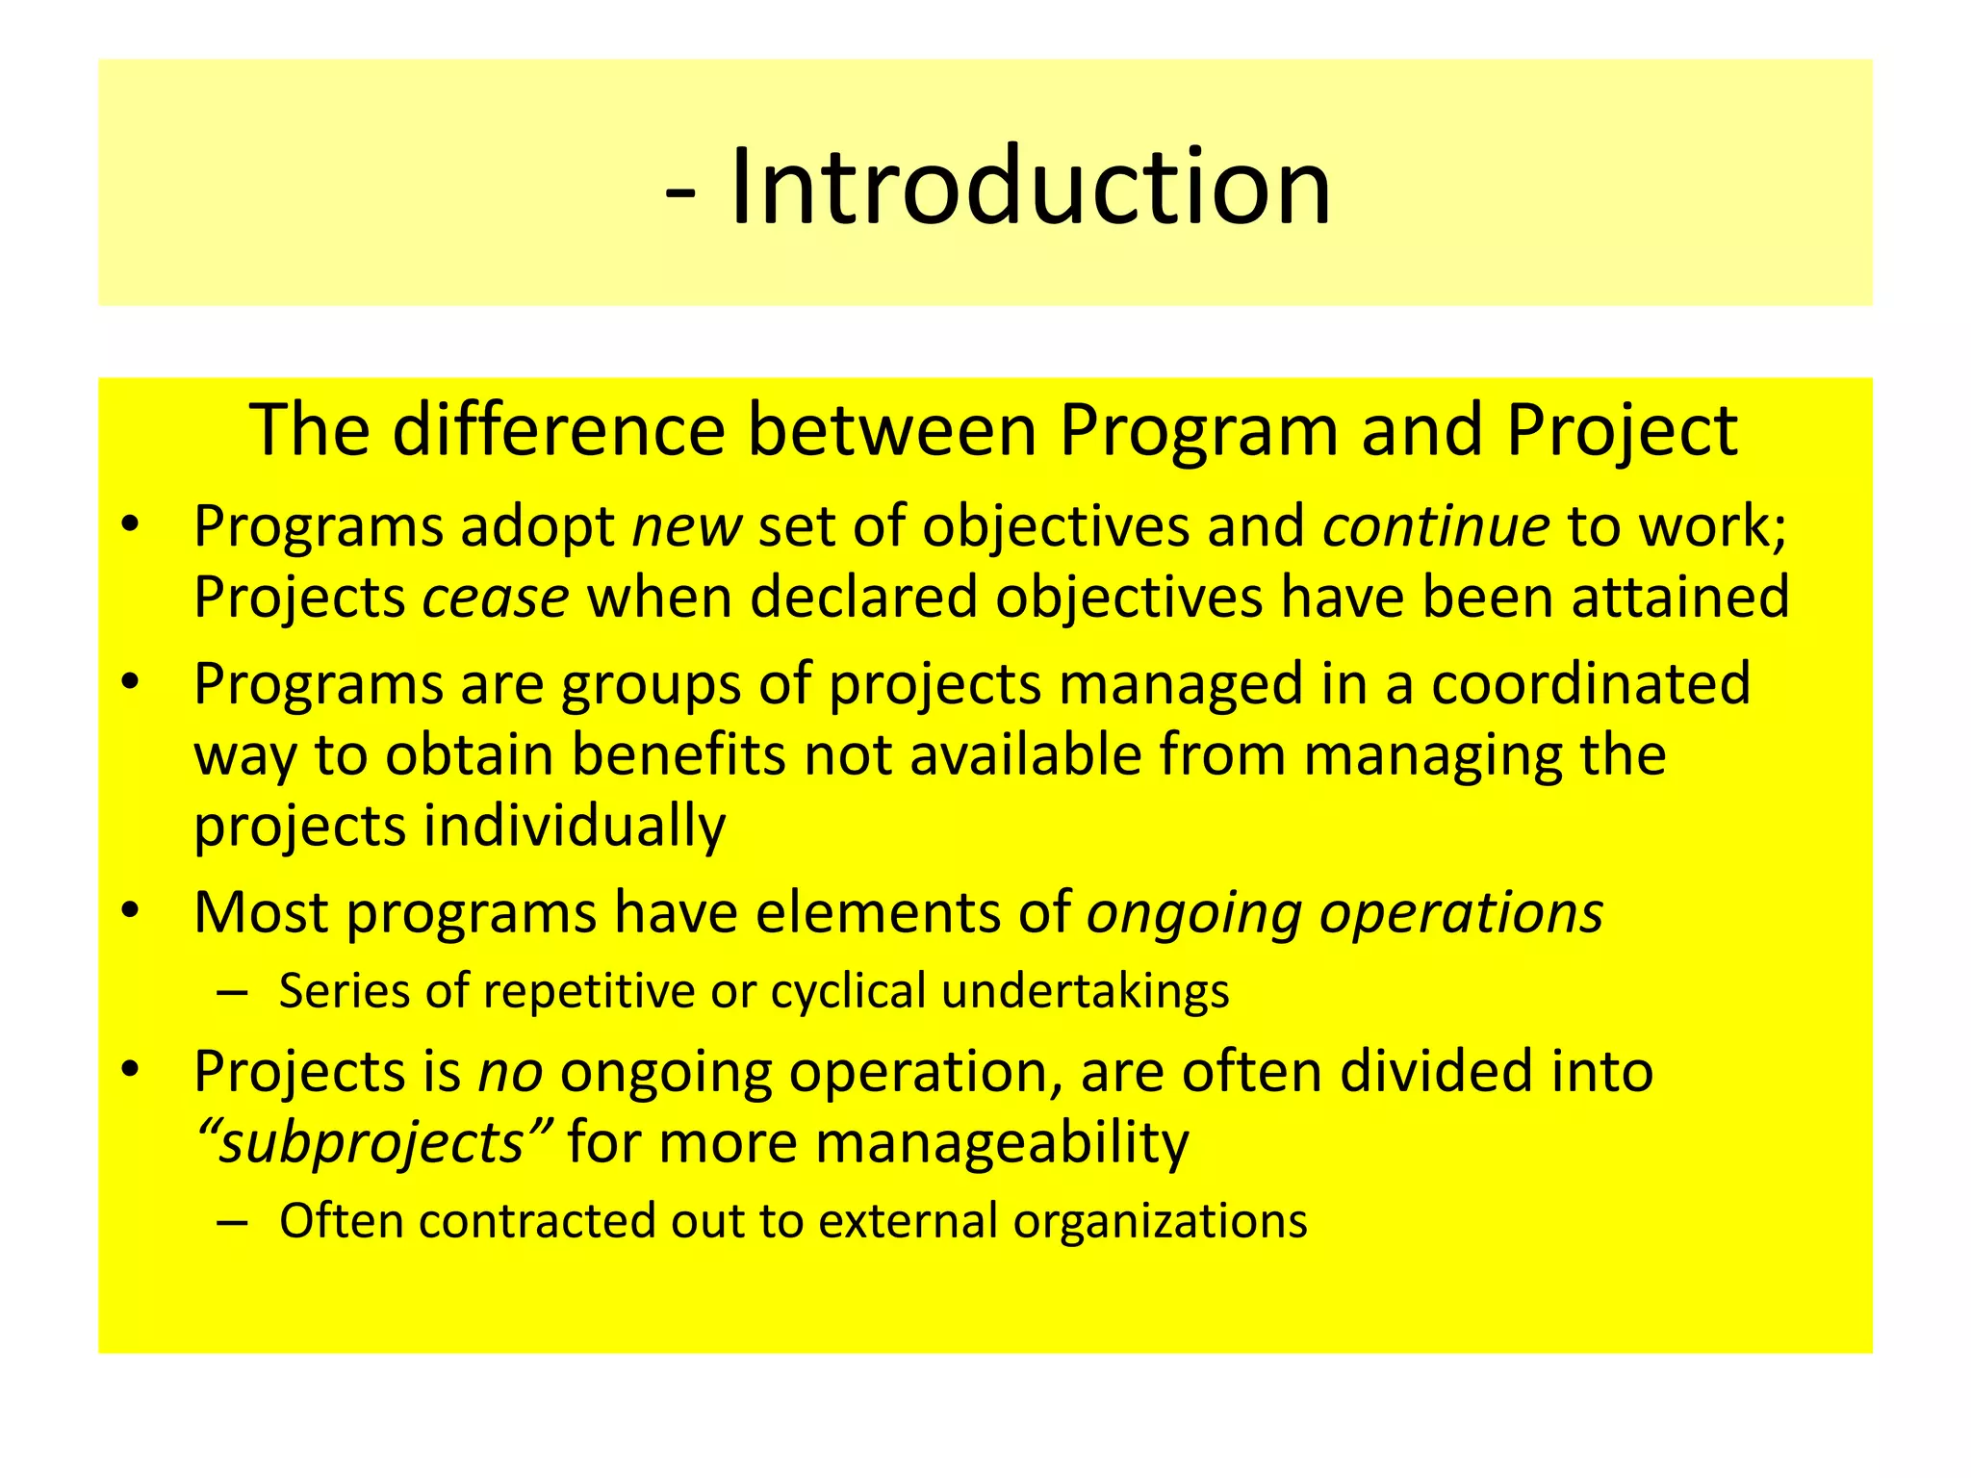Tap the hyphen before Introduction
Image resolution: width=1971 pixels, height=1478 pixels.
(x=680, y=192)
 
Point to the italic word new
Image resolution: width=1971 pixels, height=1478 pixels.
(x=686, y=528)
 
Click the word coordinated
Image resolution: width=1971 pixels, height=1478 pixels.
(x=1590, y=684)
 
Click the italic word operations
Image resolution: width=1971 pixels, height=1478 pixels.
(x=1460, y=913)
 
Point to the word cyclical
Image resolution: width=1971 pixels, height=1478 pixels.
(x=848, y=991)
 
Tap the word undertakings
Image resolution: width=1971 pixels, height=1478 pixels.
(x=1085, y=992)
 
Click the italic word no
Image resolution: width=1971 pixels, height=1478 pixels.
(x=511, y=1072)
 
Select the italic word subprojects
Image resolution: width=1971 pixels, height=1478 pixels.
(x=371, y=1143)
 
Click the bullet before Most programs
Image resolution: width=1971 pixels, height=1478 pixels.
(x=132, y=910)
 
